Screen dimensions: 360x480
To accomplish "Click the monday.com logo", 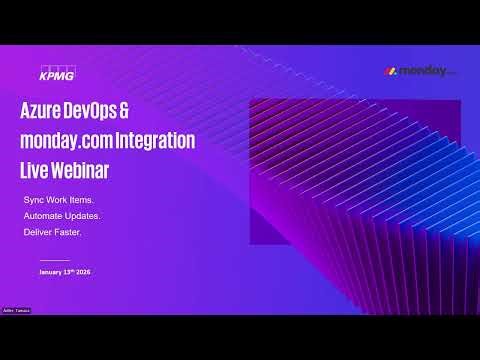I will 420,72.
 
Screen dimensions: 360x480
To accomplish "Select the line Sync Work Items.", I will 58,200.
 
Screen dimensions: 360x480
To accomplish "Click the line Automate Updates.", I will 62,216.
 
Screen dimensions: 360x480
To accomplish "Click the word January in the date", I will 51,272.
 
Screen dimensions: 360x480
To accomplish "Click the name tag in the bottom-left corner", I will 17,311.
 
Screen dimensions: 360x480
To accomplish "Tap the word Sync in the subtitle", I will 34,200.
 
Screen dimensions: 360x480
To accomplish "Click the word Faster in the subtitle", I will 71,232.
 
